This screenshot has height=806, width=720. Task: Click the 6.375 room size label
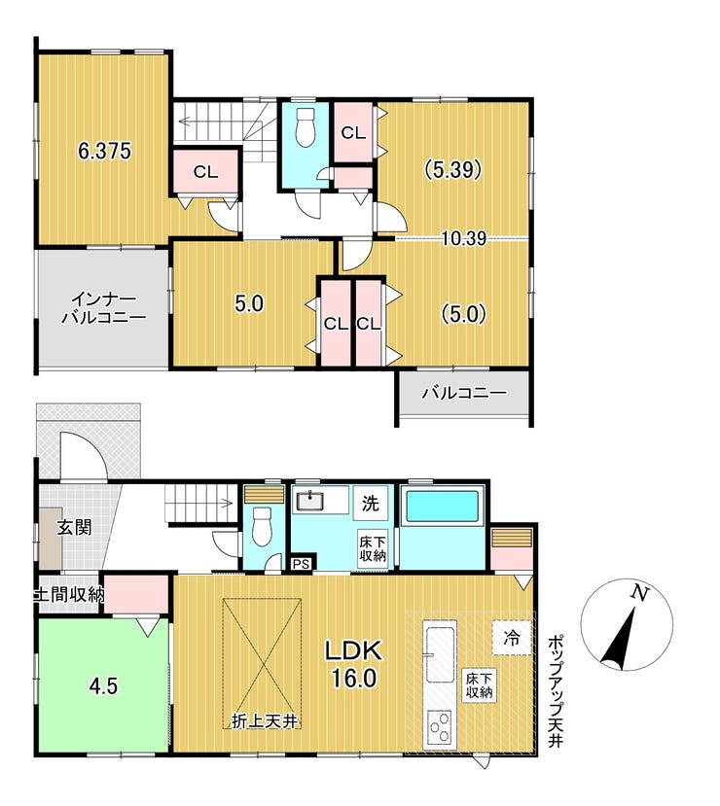(104, 151)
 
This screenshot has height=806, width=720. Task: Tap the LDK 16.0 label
(353, 665)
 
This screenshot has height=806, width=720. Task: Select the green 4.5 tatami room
(102, 685)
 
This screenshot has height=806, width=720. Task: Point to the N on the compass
(638, 593)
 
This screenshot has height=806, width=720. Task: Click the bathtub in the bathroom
(443, 506)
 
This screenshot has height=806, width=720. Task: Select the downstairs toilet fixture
(263, 526)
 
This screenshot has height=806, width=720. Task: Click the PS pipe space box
(302, 564)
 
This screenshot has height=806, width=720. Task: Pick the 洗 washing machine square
(370, 504)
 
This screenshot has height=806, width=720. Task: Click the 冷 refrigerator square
(512, 638)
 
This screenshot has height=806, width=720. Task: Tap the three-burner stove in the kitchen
(440, 726)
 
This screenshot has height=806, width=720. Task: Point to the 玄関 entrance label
(74, 527)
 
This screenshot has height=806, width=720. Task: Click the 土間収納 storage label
(69, 595)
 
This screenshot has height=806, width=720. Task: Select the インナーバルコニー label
(103, 308)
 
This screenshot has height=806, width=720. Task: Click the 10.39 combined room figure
(464, 238)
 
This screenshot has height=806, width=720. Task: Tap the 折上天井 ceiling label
(265, 721)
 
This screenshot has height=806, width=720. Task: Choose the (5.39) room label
(452, 169)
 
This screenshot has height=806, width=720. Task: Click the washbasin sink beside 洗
(310, 500)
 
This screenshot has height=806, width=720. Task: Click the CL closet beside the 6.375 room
(205, 172)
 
